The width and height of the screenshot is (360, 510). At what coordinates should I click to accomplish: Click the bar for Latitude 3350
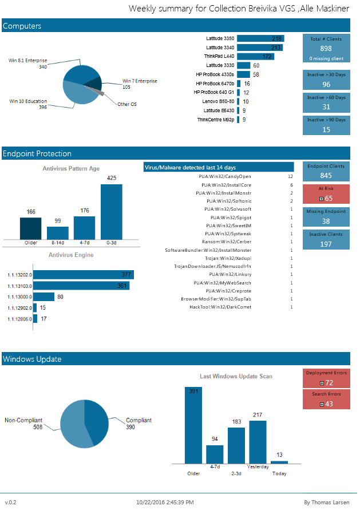point(260,38)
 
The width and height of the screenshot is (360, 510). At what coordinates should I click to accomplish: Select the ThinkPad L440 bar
point(255,57)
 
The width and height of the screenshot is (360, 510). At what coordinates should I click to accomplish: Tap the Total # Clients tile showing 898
point(326,48)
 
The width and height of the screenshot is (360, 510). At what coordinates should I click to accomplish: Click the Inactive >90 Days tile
point(326,125)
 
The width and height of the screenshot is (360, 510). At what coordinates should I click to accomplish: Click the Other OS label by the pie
point(126,104)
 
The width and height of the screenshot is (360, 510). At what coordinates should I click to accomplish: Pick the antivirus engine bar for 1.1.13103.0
point(82,286)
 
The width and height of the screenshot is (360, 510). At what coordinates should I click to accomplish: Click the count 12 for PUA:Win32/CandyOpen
point(290,177)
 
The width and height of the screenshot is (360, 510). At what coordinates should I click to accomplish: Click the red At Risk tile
point(326,193)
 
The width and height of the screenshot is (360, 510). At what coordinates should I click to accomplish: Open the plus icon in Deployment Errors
point(322,383)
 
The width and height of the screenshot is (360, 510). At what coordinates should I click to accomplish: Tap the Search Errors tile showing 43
point(326,400)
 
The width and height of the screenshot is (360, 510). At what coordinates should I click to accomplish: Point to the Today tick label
point(279,473)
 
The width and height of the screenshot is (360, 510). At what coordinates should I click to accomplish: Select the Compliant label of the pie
point(139,420)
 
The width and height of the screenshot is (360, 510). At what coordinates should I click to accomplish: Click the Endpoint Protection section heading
point(37,153)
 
